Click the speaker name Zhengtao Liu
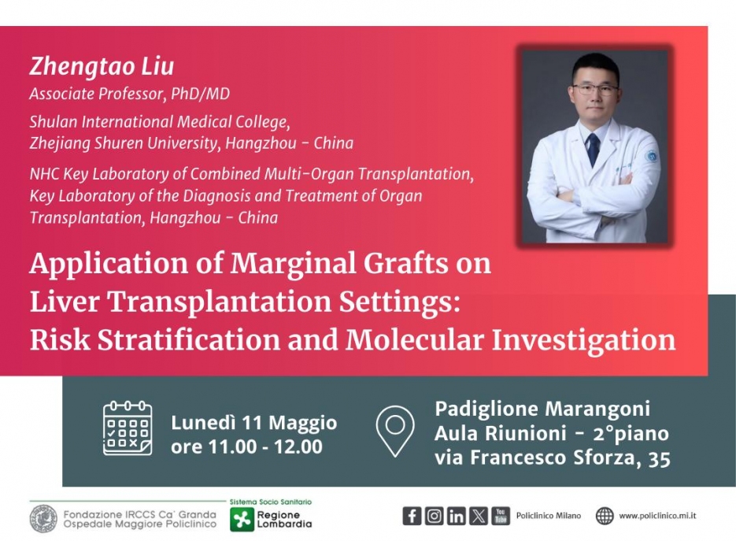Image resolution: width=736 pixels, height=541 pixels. (102, 66)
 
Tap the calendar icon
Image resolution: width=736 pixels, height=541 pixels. (128, 428)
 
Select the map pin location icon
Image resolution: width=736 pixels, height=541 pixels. (395, 431)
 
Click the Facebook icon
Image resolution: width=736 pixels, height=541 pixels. (412, 516)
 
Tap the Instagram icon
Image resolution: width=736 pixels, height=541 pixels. (435, 516)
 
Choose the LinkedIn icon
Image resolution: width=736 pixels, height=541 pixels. (457, 516)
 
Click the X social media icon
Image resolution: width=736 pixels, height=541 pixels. (479, 516)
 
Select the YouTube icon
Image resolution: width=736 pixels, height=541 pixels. (501, 516)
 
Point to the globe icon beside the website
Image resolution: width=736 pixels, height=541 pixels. (605, 516)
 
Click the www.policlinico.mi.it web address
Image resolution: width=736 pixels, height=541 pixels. (657, 516)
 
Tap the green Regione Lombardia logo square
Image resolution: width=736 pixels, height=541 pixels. (241, 520)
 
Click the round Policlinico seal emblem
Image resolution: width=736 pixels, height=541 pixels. (43, 519)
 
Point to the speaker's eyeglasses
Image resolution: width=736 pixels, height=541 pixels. (595, 88)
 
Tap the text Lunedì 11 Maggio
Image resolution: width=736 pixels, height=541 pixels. (254, 423)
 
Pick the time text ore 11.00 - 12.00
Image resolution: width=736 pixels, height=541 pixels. (246, 447)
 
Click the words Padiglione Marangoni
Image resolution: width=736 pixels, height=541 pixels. (542, 409)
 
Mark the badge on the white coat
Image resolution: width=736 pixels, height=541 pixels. (652, 156)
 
